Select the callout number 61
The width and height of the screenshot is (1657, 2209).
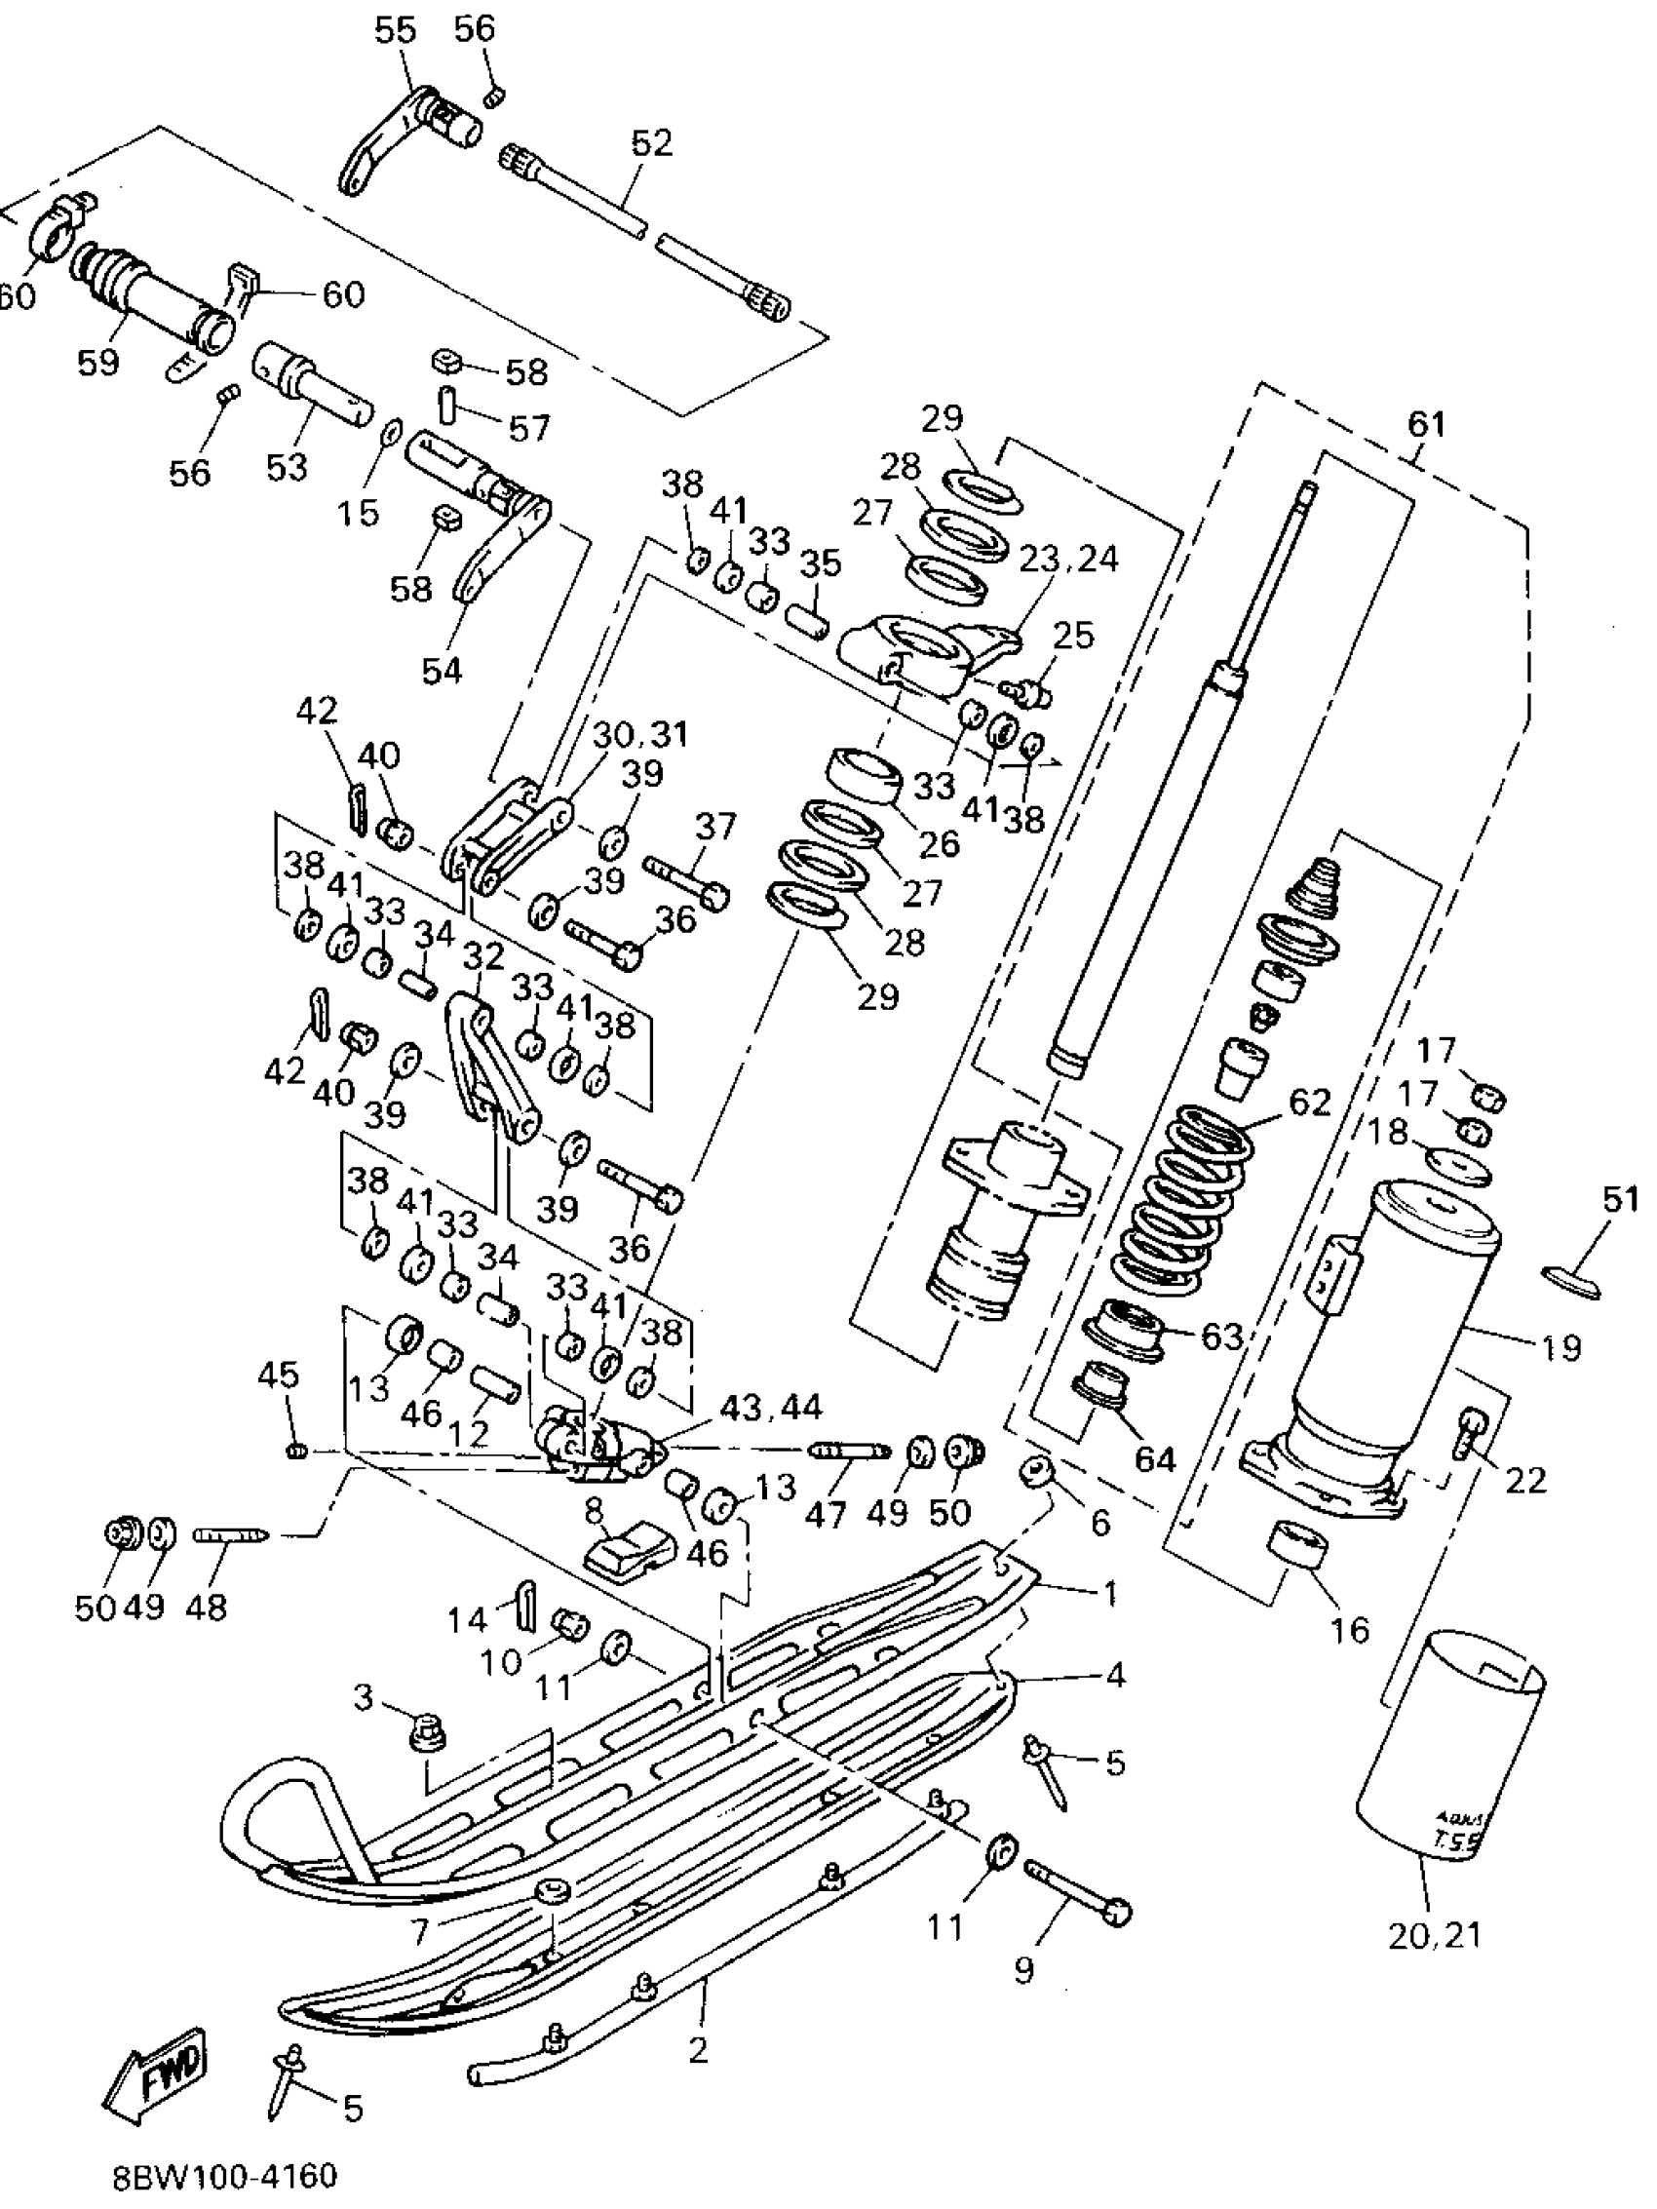pos(1425,424)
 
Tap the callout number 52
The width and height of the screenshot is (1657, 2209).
pos(652,142)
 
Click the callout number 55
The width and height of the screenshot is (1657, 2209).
pos(395,30)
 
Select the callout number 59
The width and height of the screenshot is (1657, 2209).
pos(97,362)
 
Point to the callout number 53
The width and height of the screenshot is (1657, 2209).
pos(287,465)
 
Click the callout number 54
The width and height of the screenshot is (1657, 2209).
pos(442,669)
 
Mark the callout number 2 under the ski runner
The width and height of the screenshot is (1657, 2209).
pos(698,2049)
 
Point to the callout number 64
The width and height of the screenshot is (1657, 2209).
pos(1155,1459)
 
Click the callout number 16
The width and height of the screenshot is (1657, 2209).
pos(1348,1630)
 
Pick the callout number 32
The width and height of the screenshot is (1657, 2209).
pos(484,956)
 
